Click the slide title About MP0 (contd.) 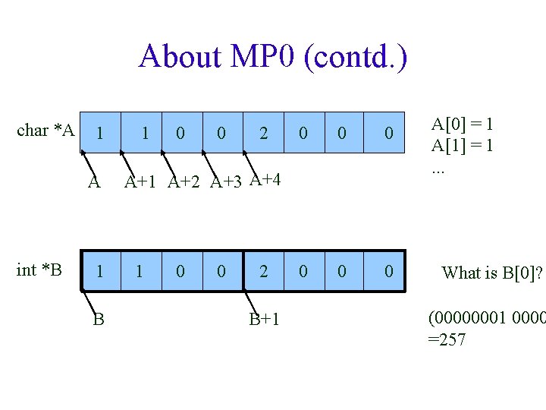273,57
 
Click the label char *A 45,131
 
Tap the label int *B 39,270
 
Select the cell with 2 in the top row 263,134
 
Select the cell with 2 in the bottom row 263,271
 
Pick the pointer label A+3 227,181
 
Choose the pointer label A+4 265,179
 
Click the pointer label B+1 265,319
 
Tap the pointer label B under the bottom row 99,319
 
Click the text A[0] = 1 463,125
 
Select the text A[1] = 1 463,145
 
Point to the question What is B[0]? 492,273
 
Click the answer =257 447,339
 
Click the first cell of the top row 100,134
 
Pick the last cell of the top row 388,134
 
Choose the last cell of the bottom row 388,271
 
